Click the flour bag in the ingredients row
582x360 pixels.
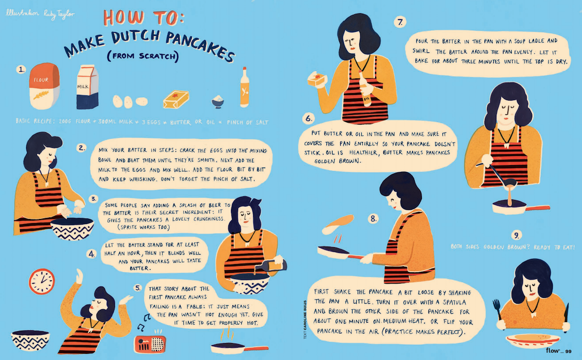[44, 86]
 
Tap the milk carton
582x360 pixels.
[88, 87]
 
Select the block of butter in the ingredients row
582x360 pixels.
[176, 99]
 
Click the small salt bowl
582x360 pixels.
[218, 101]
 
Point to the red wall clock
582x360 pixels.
[42, 282]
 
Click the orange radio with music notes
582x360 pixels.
[150, 344]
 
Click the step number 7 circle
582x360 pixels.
[400, 22]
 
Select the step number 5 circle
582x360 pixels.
[138, 288]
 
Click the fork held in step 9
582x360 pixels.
[498, 311]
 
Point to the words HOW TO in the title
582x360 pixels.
[143, 17]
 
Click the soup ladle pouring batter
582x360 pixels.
[498, 174]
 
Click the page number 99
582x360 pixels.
[568, 351]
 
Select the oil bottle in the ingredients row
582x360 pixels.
[244, 87]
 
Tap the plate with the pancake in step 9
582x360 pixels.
[533, 341]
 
